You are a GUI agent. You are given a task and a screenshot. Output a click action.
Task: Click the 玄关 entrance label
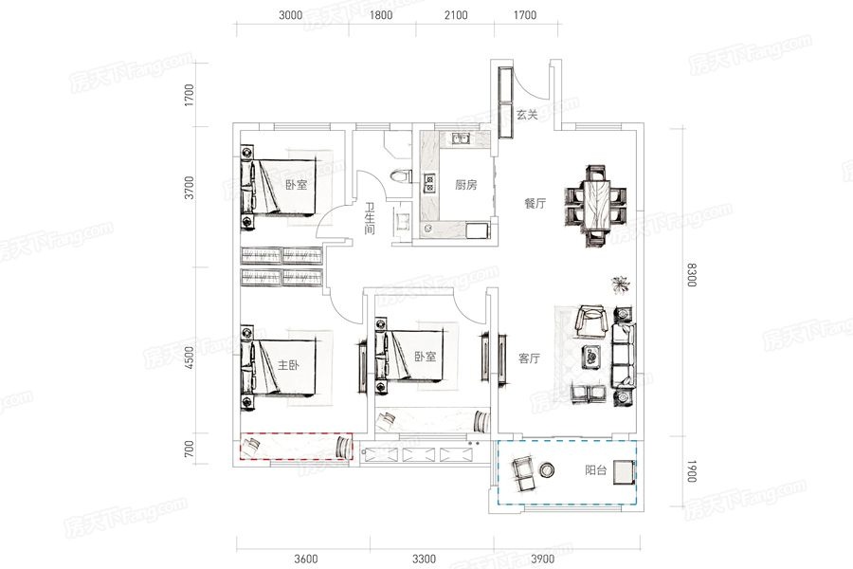(x=527, y=115)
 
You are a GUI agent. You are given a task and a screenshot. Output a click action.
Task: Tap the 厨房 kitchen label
(x=465, y=185)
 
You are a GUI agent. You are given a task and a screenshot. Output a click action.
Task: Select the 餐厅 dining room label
(x=535, y=204)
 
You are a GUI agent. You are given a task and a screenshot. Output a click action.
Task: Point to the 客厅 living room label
(x=529, y=358)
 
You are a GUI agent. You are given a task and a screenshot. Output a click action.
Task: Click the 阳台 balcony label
(x=596, y=470)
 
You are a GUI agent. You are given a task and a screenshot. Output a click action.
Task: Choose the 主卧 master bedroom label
(x=288, y=365)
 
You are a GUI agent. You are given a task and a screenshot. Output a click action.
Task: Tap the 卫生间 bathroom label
(x=370, y=219)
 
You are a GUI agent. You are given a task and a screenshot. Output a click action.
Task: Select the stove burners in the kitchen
(x=429, y=182)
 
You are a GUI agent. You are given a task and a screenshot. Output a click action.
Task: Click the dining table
(x=596, y=207)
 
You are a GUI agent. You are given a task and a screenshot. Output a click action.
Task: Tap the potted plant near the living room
(x=620, y=284)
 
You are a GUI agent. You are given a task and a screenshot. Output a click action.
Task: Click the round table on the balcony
(x=547, y=469)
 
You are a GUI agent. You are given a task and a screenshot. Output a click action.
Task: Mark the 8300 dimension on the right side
(x=691, y=274)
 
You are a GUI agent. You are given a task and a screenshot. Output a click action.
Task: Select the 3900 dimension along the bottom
(x=542, y=559)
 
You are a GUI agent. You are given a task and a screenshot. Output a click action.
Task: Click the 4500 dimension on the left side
(x=190, y=358)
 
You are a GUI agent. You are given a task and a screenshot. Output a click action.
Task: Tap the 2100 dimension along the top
(x=456, y=15)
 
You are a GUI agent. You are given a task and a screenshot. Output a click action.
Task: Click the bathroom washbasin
(x=403, y=222)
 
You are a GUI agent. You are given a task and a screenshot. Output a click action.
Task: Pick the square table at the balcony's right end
(x=624, y=472)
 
